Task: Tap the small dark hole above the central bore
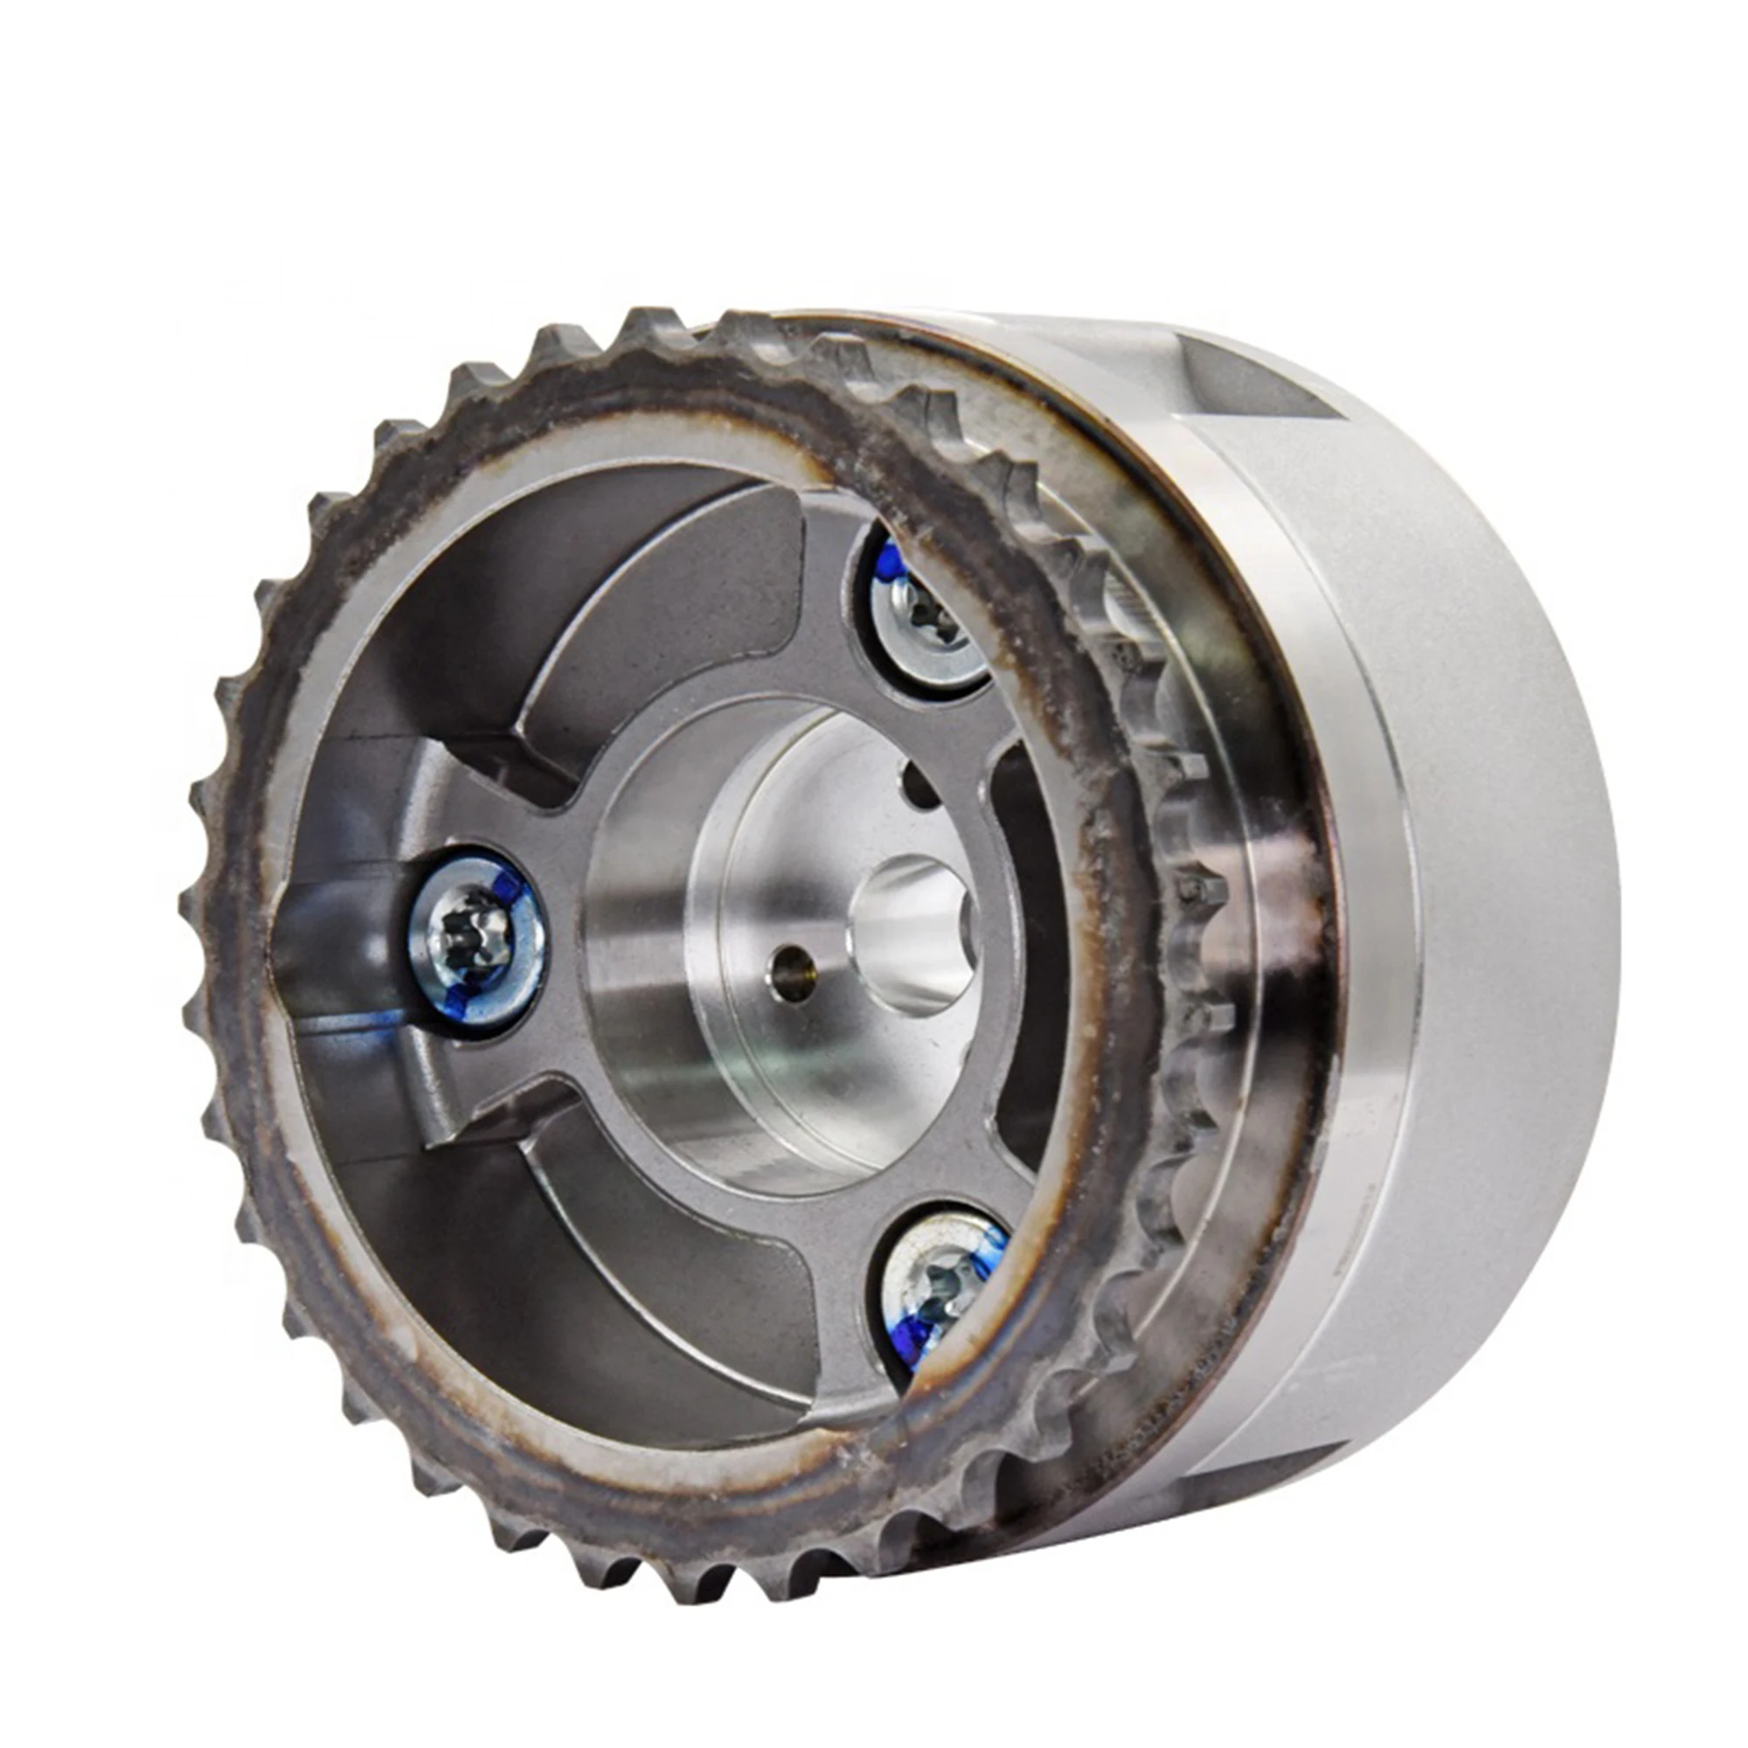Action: [x=920, y=786]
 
